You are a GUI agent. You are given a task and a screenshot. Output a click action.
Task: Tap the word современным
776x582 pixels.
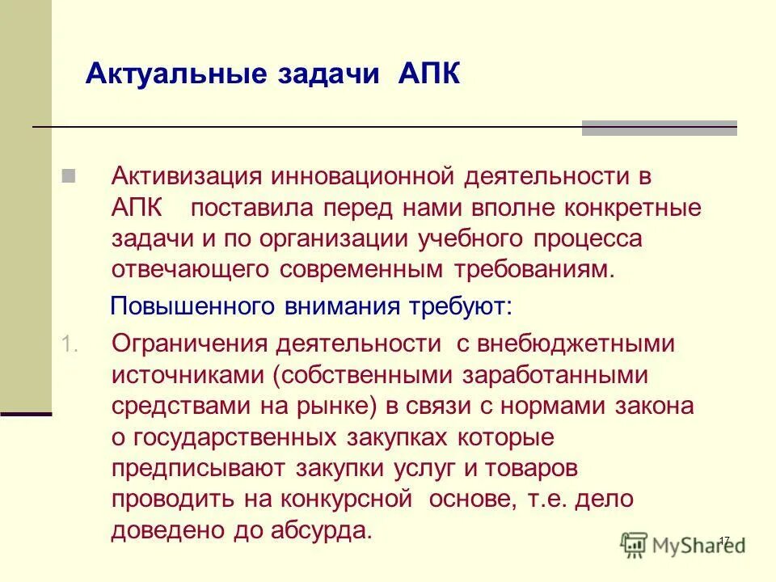(370, 269)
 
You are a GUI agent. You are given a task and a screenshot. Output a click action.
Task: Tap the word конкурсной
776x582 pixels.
(350, 499)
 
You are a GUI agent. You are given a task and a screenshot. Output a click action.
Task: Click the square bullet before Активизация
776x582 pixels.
(69, 175)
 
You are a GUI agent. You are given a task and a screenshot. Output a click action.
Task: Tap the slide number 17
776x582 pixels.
(724, 539)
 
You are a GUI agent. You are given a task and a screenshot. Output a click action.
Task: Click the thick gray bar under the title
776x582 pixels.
(660, 128)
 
